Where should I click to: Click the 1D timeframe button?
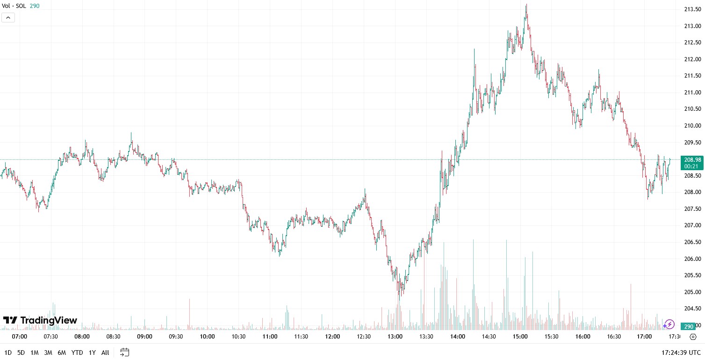[7, 353]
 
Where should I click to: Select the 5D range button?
[21, 353]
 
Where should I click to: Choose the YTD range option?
[77, 353]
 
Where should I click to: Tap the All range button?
[105, 353]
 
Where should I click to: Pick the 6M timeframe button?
[62, 353]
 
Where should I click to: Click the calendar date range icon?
[124, 352]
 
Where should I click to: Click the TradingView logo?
[40, 320]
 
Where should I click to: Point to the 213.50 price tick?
[692, 9]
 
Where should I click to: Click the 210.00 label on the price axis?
[692, 126]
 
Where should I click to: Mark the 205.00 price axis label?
[692, 292]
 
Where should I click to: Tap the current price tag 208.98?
[692, 159]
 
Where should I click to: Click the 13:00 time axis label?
[395, 337]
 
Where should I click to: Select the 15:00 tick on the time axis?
[520, 337]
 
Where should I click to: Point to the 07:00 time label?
[20, 337]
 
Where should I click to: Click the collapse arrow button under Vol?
[8, 18]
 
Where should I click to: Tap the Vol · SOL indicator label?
[14, 6]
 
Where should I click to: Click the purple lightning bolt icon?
[669, 324]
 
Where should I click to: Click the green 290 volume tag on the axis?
[688, 326]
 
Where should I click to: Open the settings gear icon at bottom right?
[693, 337]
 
